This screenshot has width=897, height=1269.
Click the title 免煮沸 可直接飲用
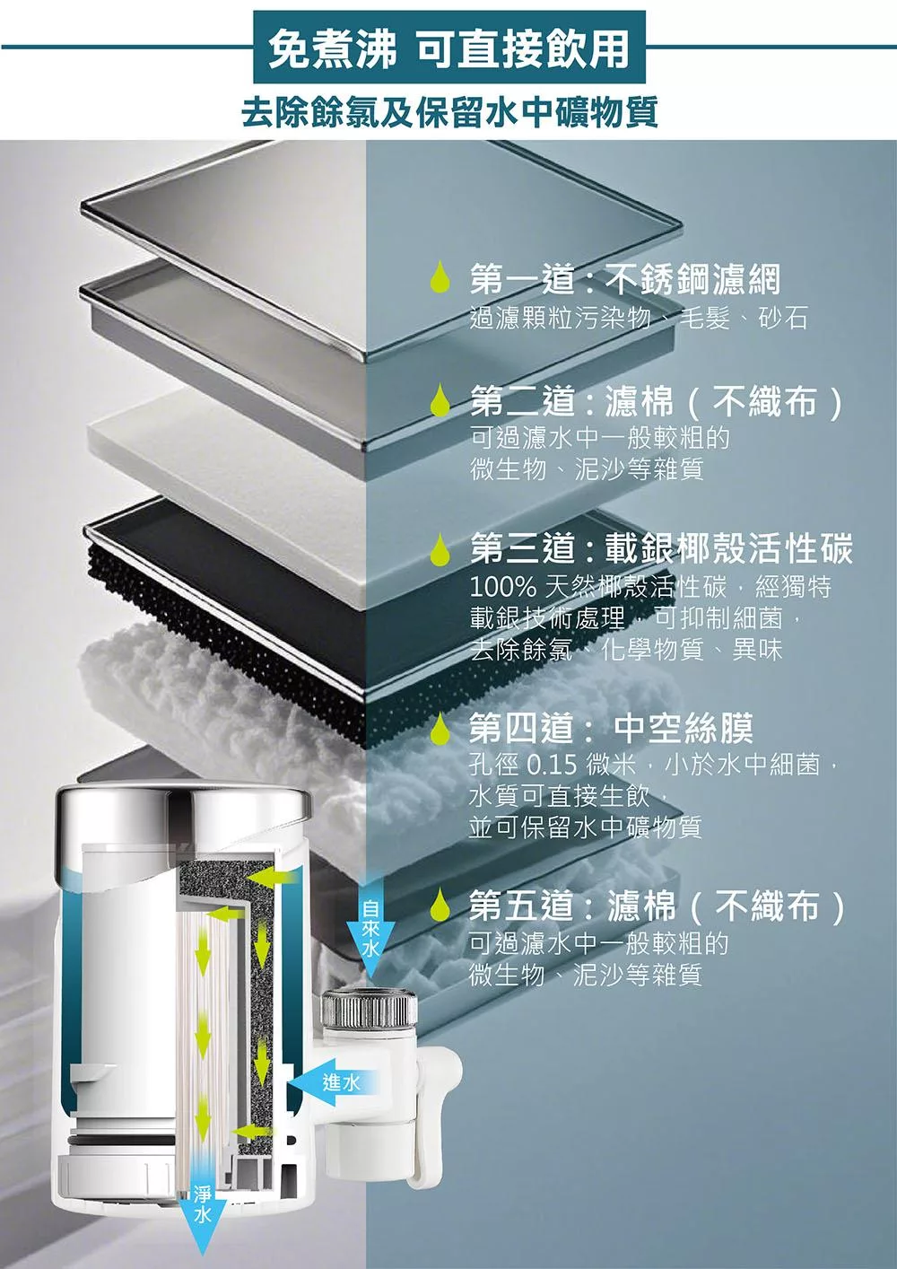pyautogui.click(x=448, y=48)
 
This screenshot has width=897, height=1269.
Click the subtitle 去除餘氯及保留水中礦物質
pyautogui.click(x=448, y=112)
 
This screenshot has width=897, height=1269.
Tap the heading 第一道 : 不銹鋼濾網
pyautogui.click(x=625, y=280)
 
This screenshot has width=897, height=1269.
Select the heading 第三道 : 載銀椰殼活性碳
pyautogui.click(x=661, y=548)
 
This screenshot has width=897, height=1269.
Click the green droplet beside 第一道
pyautogui.click(x=439, y=280)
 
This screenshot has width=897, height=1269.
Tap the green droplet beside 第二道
pyautogui.click(x=439, y=402)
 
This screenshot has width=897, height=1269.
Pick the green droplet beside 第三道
pyautogui.click(x=439, y=549)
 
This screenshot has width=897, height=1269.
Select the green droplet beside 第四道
pyautogui.click(x=439, y=730)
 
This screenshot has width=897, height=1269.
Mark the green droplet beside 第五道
pyautogui.click(x=439, y=906)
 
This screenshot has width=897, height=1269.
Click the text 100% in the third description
pyautogui.click(x=502, y=588)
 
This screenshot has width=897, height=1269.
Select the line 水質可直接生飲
pyautogui.click(x=567, y=796)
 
